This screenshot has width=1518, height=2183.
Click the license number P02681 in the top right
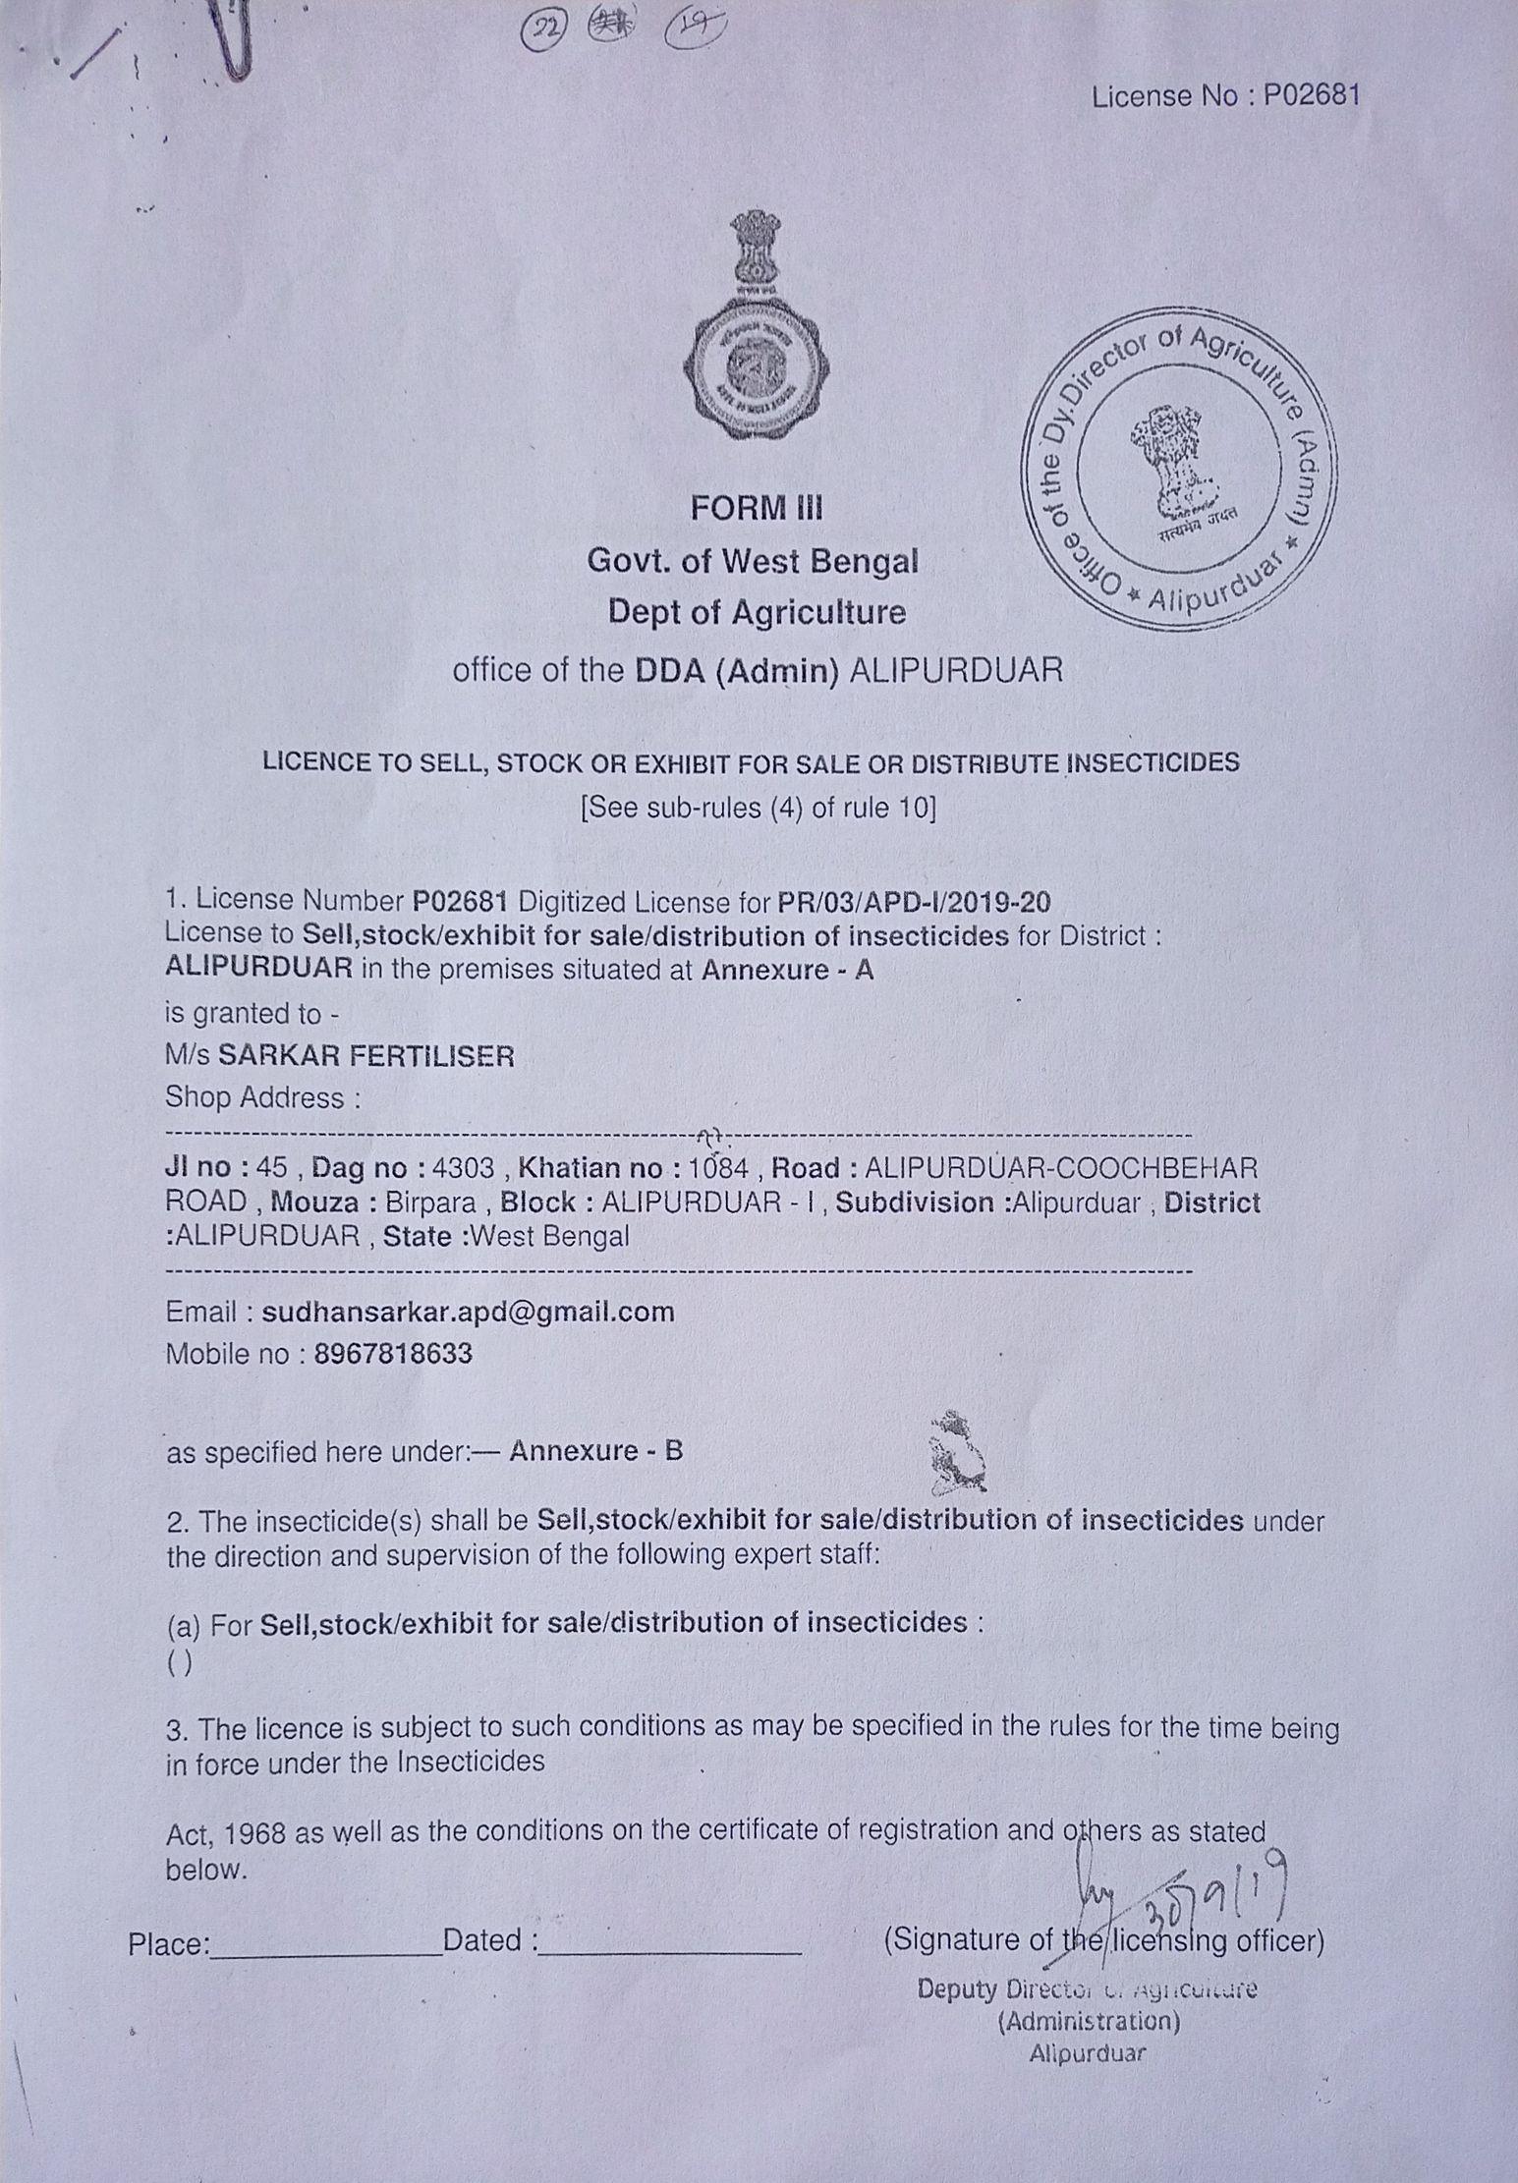1311,95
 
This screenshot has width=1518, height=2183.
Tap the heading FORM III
757,508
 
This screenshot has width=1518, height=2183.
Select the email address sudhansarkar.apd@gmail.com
469,1312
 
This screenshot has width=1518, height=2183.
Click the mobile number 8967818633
393,1354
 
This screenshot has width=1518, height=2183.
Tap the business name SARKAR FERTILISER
365,1055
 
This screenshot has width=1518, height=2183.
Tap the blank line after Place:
326,1942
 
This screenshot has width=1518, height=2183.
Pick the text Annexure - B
595,1451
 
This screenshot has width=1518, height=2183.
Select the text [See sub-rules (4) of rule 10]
759,808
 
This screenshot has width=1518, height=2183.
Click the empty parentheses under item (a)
180,1662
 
